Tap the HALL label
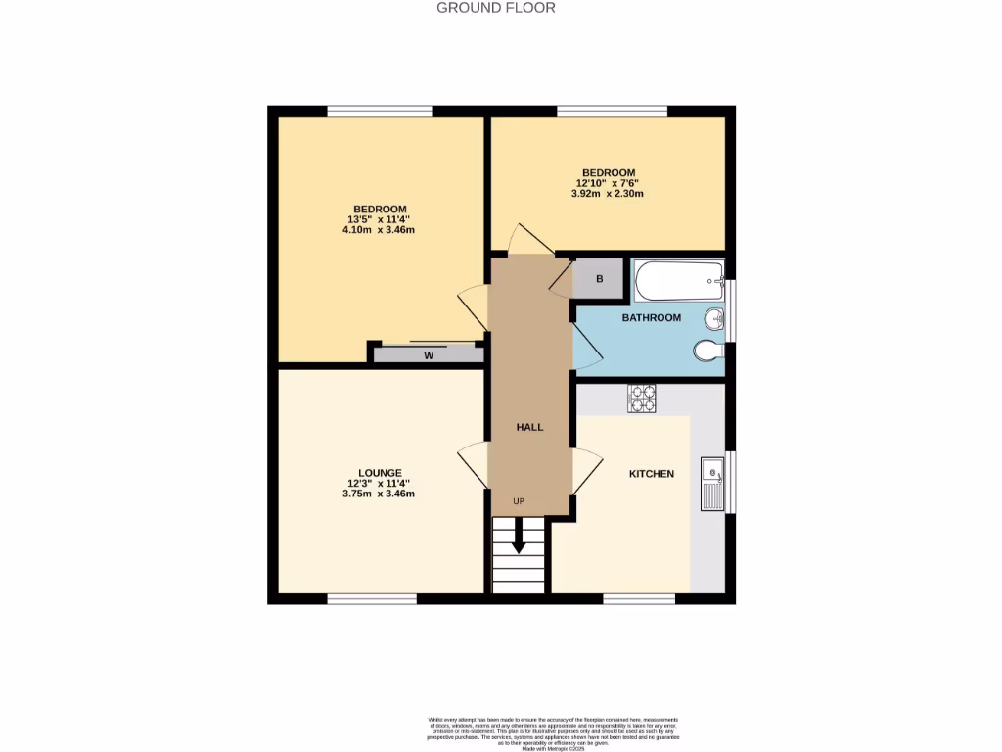529,427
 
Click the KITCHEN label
651,474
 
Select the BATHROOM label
651,318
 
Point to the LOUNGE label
380,473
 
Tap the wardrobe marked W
429,355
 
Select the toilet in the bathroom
707,350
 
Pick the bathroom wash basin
715,317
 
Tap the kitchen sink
711,483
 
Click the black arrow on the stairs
519,540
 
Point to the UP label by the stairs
519,502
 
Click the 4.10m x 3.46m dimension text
379,230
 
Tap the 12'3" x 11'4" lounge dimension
380,483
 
